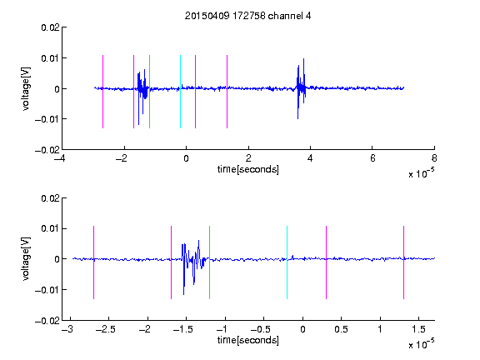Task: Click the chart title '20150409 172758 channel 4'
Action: (x=247, y=16)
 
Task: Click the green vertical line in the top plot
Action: (x=149, y=92)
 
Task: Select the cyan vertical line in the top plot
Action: (x=180, y=92)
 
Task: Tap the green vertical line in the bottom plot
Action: (x=209, y=262)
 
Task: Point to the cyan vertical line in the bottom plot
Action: (x=287, y=262)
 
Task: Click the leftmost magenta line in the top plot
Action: (x=102, y=92)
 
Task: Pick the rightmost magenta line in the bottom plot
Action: (x=403, y=262)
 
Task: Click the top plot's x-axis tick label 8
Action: (x=434, y=158)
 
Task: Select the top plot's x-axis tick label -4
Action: (x=60, y=158)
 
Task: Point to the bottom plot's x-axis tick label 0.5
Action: (x=341, y=329)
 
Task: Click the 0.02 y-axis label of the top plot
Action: (x=51, y=27)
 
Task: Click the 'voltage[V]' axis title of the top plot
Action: (x=26, y=89)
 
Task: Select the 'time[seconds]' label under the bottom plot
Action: (x=248, y=340)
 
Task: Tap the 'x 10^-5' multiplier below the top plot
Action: (x=421, y=173)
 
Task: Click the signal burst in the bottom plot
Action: (x=194, y=267)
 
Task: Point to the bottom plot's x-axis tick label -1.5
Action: (x=183, y=329)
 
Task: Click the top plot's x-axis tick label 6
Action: (x=372, y=158)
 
